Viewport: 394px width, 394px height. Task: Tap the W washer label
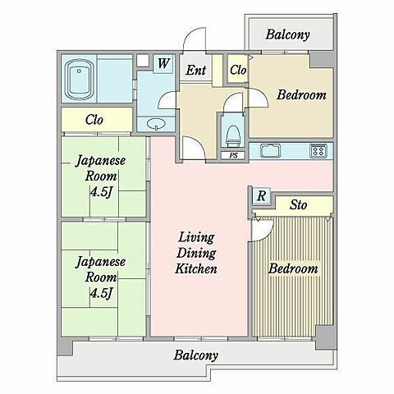[163, 63]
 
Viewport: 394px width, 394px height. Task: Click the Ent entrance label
[195, 71]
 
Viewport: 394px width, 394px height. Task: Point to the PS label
[232, 155]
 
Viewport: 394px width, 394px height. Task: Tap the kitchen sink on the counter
[271, 150]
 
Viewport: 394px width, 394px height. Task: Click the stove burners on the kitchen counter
[318, 150]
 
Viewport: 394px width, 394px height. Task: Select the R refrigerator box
[260, 195]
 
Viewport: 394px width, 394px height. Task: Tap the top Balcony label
[287, 35]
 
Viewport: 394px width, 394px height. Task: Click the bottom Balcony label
[196, 355]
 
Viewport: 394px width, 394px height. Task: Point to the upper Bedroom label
[300, 95]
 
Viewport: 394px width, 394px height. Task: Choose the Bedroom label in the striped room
[293, 269]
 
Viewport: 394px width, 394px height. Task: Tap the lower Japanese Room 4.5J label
[101, 277]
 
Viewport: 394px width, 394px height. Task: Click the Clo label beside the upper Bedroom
[237, 71]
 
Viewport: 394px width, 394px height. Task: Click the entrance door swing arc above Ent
[194, 43]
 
